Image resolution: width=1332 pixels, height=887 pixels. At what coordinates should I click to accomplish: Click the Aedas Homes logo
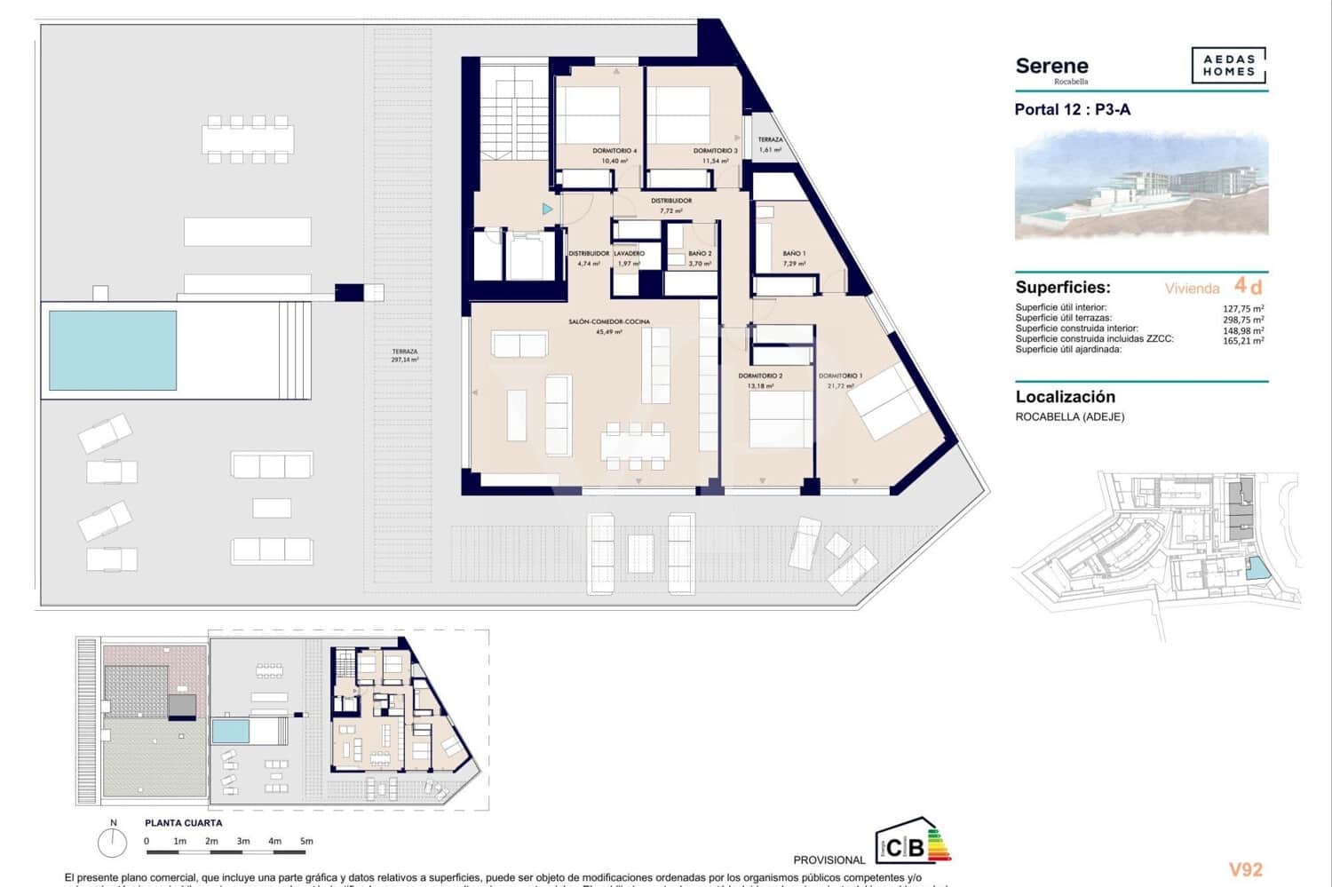pyautogui.click(x=1228, y=66)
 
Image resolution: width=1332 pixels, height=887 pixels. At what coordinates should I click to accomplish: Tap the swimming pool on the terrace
pyautogui.click(x=113, y=350)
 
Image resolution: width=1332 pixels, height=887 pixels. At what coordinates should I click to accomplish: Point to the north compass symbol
pyautogui.click(x=113, y=841)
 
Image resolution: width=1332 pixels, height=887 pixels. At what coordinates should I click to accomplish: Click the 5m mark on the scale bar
pyautogui.click(x=306, y=842)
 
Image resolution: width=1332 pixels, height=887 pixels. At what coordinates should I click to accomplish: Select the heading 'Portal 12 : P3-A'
pyautogui.click(x=1072, y=110)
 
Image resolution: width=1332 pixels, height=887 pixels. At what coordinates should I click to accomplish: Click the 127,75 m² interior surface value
pyautogui.click(x=1243, y=309)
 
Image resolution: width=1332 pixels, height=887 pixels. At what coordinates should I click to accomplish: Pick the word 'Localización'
pyautogui.click(x=1065, y=397)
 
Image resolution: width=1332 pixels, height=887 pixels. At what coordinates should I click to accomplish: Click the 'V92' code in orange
pyautogui.click(x=1245, y=870)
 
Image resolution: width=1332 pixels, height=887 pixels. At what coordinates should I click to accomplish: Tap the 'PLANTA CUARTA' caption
pyautogui.click(x=184, y=823)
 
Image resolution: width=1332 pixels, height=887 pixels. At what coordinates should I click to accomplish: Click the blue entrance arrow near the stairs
pyautogui.click(x=548, y=210)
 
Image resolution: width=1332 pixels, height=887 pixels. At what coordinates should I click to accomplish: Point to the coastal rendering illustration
pyautogui.click(x=1141, y=186)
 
